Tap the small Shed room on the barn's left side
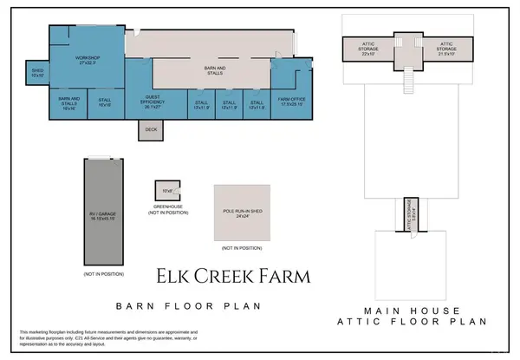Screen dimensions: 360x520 (x=37, y=74)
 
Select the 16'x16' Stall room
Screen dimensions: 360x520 (x=105, y=102)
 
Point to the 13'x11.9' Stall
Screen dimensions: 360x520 (x=200, y=105)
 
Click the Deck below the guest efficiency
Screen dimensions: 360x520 (x=151, y=130)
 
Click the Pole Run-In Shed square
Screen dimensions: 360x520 (x=242, y=212)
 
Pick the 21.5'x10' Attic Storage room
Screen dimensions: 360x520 (x=446, y=51)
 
